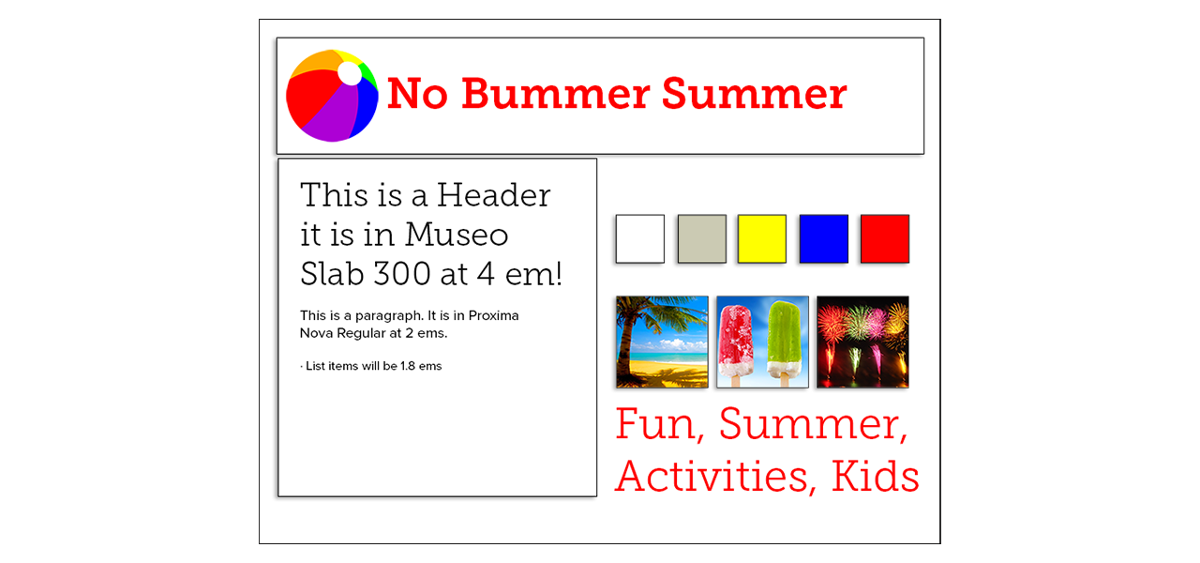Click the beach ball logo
point(332,96)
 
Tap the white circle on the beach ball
point(350,73)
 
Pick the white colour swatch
point(640,238)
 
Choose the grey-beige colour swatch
point(702,238)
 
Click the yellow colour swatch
point(762,238)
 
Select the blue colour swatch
point(824,238)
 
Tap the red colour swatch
point(885,238)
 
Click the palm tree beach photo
point(662,342)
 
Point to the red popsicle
point(736,343)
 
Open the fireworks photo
point(862,342)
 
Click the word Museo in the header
point(457,235)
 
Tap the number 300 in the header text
point(402,273)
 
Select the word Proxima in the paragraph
point(493,315)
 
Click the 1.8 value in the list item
point(408,366)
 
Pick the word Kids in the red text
point(876,476)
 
